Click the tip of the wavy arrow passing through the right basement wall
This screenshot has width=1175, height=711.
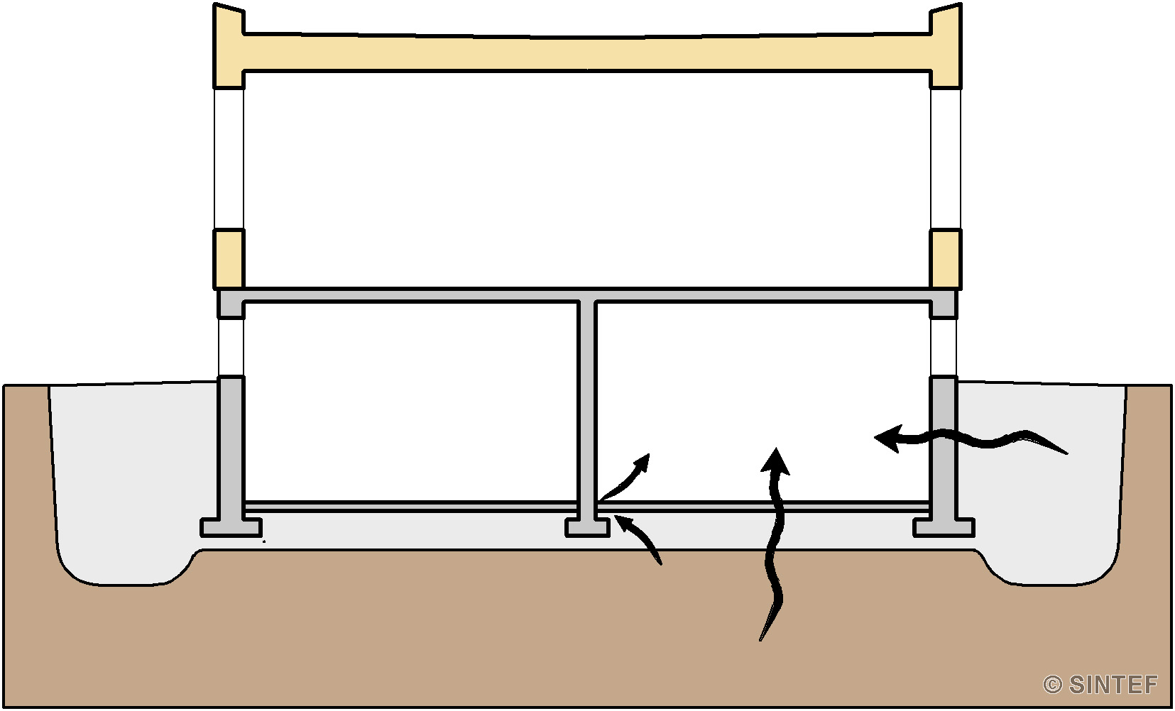click(x=875, y=437)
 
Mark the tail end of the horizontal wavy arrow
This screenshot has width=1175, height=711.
click(x=1068, y=453)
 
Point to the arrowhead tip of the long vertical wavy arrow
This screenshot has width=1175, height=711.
click(x=775, y=448)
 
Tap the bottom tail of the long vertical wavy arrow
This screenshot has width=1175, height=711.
click(x=760, y=640)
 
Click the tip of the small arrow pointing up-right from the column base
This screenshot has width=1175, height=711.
click(x=650, y=454)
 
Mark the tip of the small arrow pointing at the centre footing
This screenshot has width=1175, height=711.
click(x=615, y=516)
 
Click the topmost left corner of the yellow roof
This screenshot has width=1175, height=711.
click(x=214, y=3)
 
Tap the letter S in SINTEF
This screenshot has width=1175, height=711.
click(x=1078, y=684)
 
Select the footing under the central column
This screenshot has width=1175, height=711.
click(x=587, y=527)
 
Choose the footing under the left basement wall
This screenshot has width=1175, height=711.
click(x=231, y=527)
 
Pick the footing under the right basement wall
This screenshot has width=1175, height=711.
click(x=944, y=527)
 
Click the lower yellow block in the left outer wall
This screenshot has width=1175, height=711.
click(x=228, y=258)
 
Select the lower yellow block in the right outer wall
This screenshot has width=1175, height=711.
click(x=946, y=258)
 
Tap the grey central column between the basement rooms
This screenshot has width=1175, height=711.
click(x=587, y=409)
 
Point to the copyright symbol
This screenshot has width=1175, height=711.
click(x=1052, y=685)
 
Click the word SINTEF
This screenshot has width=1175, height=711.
click(x=1113, y=684)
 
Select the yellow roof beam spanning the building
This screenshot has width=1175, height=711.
click(x=588, y=53)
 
